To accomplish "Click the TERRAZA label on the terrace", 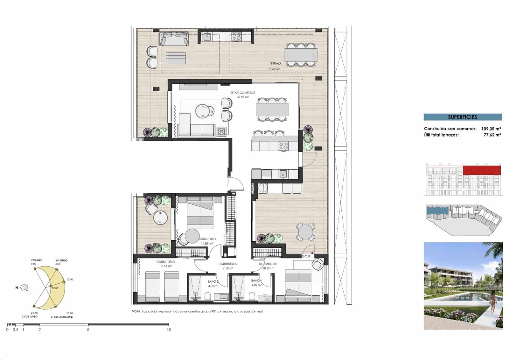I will pos(275,64).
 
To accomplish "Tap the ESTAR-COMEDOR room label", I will pos(243,93).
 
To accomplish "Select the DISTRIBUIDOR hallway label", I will pos(228,264).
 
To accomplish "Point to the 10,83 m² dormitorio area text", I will pos(207,244).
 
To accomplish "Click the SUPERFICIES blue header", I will pos(462,117).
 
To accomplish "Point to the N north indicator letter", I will pos(17,288).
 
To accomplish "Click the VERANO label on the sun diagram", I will pos(36,260).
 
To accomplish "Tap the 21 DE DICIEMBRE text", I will pos(61,317).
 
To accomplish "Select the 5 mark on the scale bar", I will pos(88,330).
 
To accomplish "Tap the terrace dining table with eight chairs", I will pos(301,55).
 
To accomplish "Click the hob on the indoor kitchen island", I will pos(283,146).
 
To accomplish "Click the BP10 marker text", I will pos(305,256).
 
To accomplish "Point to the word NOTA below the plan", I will pos(136,311).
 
